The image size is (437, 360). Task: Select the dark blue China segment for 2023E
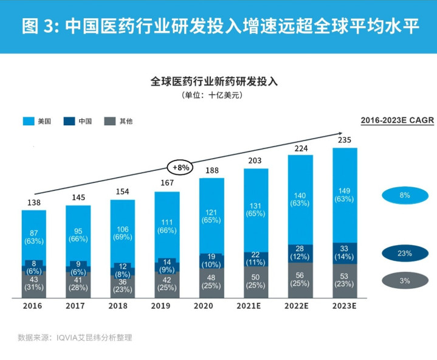tap(345, 253)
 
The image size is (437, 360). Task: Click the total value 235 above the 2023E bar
tap(345, 140)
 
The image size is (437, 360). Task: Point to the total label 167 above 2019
tap(167, 184)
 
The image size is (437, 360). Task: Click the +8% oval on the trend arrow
tap(179, 167)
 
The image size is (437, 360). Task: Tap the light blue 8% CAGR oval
tap(405, 195)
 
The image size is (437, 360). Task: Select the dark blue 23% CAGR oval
tap(405, 253)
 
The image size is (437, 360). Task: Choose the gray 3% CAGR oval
tap(405, 281)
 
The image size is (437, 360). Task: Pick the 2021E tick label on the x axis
tap(256, 306)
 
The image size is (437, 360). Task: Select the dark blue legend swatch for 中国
tap(70, 121)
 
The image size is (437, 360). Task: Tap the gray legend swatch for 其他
tap(111, 121)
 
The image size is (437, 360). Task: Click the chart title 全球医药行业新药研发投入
tap(218, 81)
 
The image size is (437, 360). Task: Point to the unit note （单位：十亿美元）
tap(218, 95)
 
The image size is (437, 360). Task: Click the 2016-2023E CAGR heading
tap(397, 120)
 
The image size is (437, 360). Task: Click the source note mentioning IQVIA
tap(75, 337)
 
